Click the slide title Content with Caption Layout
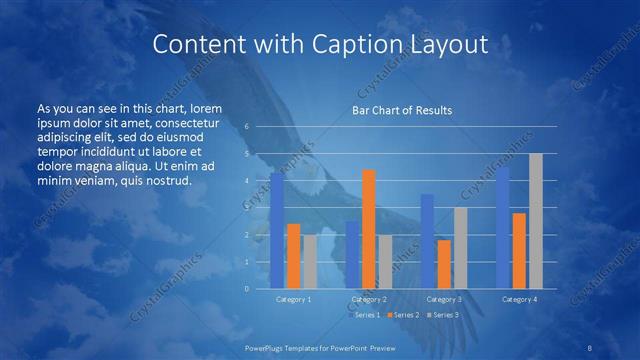pyautogui.click(x=320, y=44)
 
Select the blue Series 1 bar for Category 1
pyautogui.click(x=277, y=230)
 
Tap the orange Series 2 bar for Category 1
pyautogui.click(x=293, y=256)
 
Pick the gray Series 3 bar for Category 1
pyautogui.click(x=309, y=261)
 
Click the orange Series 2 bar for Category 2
pyautogui.click(x=369, y=229)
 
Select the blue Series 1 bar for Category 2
pyautogui.click(x=353, y=254)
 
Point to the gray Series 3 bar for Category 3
pyautogui.click(x=460, y=248)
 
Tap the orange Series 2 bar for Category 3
pyautogui.click(x=444, y=264)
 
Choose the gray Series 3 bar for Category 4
pyautogui.click(x=536, y=221)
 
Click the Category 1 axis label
pyautogui.click(x=293, y=299)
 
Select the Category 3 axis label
pyautogui.click(x=444, y=299)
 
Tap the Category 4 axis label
pyautogui.click(x=519, y=299)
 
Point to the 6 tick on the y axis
pyautogui.click(x=247, y=127)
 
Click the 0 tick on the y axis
pyautogui.click(x=247, y=288)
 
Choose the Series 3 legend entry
pyautogui.click(x=443, y=315)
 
